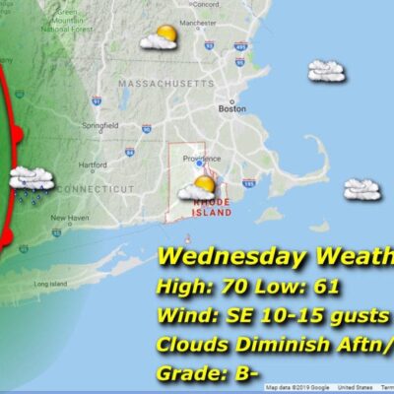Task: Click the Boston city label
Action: click(231, 109)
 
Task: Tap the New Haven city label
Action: click(70, 218)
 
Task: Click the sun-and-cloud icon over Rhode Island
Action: click(204, 185)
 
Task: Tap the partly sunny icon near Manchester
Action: click(159, 38)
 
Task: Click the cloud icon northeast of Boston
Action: click(325, 70)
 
